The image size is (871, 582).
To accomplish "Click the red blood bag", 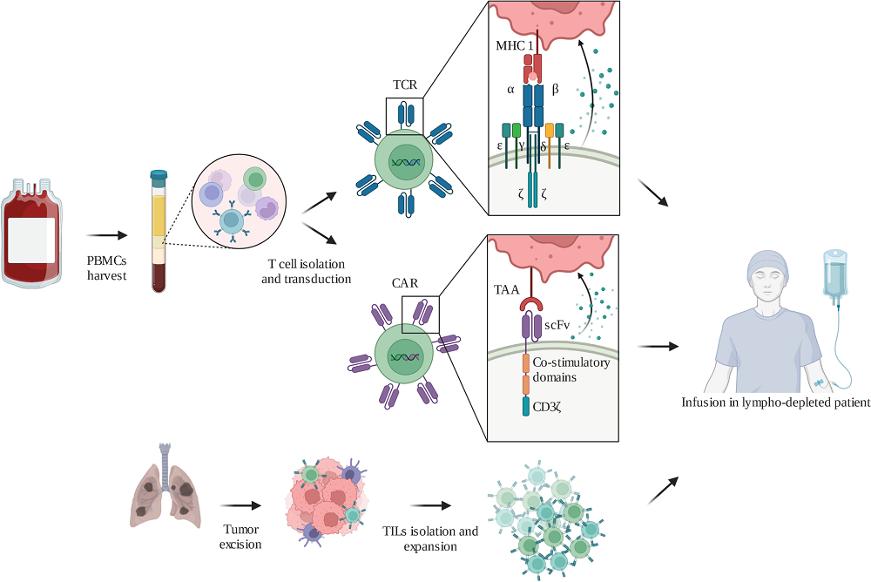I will (32, 233).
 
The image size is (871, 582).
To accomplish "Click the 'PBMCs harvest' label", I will (107, 267).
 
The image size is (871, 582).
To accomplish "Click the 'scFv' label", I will (557, 323).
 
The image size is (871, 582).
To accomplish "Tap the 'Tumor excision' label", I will (241, 537).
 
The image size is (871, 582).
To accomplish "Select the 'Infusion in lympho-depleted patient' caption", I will (775, 403).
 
